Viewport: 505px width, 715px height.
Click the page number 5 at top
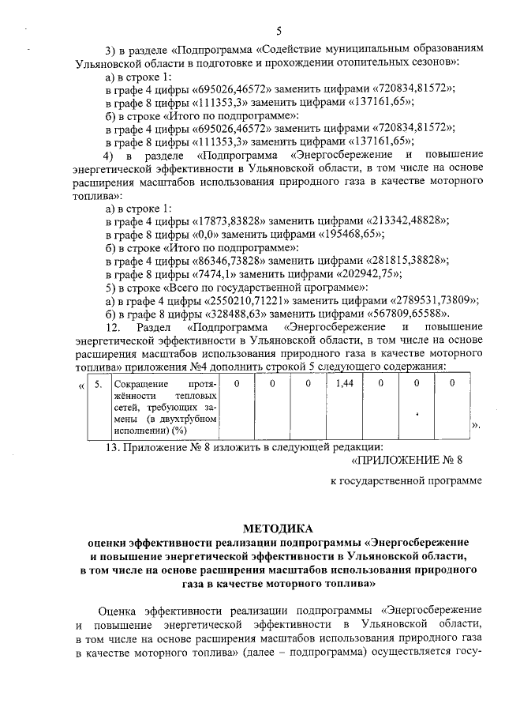(279, 31)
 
